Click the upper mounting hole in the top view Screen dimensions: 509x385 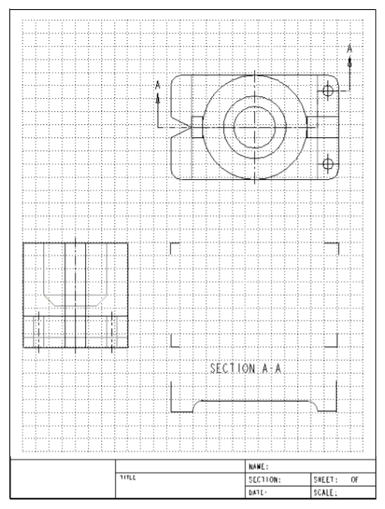tap(328, 91)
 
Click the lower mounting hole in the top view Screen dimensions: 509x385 tap(328, 163)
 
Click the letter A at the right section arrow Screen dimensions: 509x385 tap(350, 49)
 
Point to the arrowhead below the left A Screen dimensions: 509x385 tap(157, 97)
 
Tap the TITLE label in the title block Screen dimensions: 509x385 tap(127, 478)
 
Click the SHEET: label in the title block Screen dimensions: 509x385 tap(323, 479)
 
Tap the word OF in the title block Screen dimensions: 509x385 tap(355, 479)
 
